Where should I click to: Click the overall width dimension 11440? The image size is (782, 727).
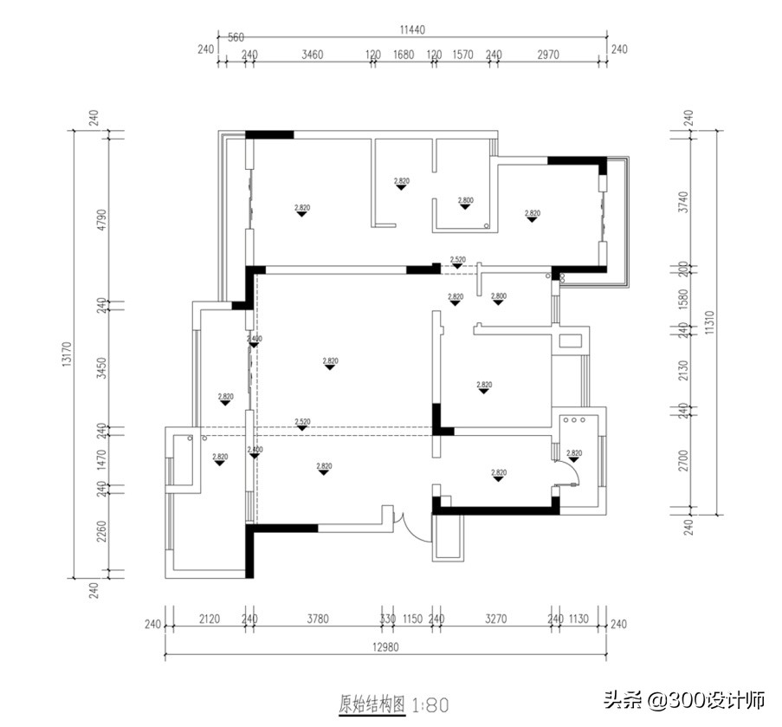[411, 29]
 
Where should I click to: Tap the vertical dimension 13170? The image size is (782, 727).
[67, 354]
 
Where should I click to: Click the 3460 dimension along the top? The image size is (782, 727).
[312, 55]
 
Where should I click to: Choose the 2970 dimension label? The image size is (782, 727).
[548, 55]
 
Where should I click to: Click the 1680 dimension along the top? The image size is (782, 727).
[404, 55]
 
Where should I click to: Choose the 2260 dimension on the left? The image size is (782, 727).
[100, 531]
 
